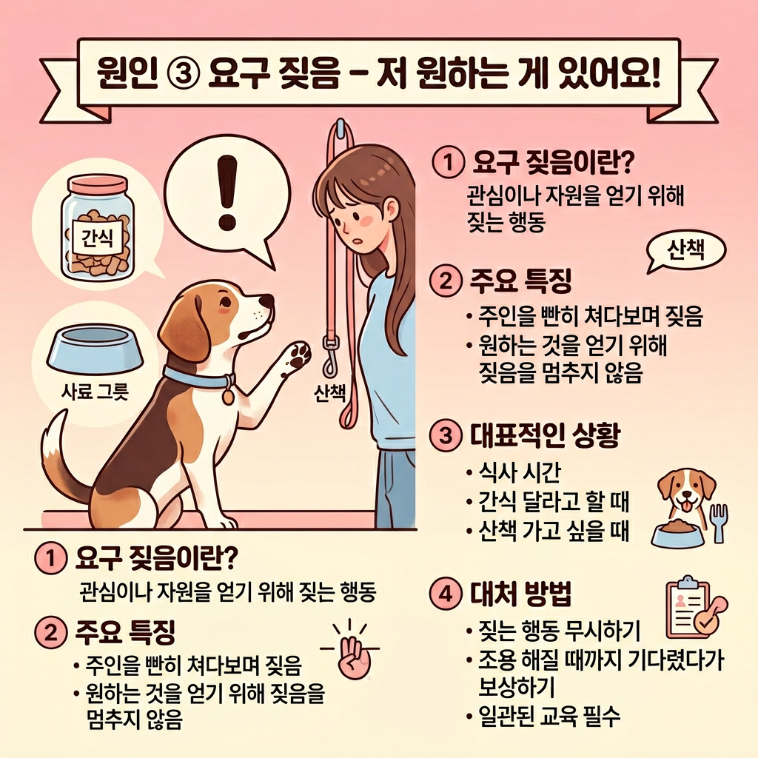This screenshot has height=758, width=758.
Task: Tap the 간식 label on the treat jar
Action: point(97,238)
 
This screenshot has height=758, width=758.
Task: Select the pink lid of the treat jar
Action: point(98,184)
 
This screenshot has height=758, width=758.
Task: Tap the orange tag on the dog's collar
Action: point(228,397)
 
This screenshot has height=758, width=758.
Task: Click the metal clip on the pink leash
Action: point(330,356)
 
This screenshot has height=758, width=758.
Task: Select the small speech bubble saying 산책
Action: point(685,252)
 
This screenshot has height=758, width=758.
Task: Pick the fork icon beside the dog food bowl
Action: point(720,522)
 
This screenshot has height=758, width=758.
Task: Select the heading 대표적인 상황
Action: point(545,435)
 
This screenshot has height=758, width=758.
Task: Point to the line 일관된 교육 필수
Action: point(549,717)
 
